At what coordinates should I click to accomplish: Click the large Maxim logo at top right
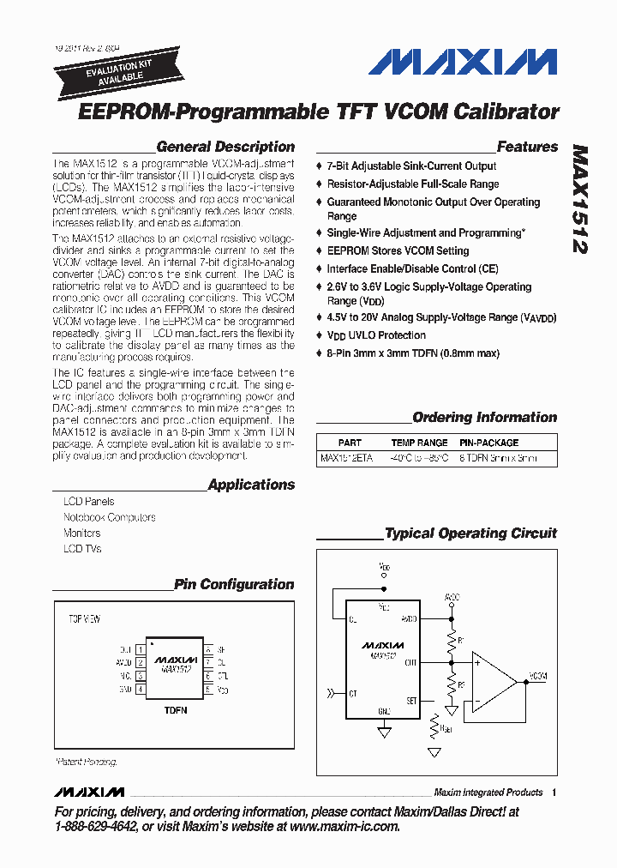coord(464,63)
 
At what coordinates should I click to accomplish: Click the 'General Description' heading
coord(225,147)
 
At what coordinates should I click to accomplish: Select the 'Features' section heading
coord(527,147)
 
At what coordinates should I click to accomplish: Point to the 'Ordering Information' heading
coord(484,418)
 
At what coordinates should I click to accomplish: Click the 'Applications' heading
coord(251,485)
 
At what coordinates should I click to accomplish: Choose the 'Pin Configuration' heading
coord(234,584)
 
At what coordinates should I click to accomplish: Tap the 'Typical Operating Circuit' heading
coord(470,533)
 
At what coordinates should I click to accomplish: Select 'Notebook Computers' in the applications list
coord(109,517)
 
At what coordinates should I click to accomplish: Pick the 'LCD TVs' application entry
coord(82,549)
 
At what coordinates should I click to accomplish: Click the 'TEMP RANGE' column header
coord(420,443)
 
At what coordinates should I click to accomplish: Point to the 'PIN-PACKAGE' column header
coord(489,443)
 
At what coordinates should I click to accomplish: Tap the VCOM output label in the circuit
coord(538,677)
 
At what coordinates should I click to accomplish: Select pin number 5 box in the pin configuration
coord(208,689)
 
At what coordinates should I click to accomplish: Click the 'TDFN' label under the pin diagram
coord(175,711)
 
